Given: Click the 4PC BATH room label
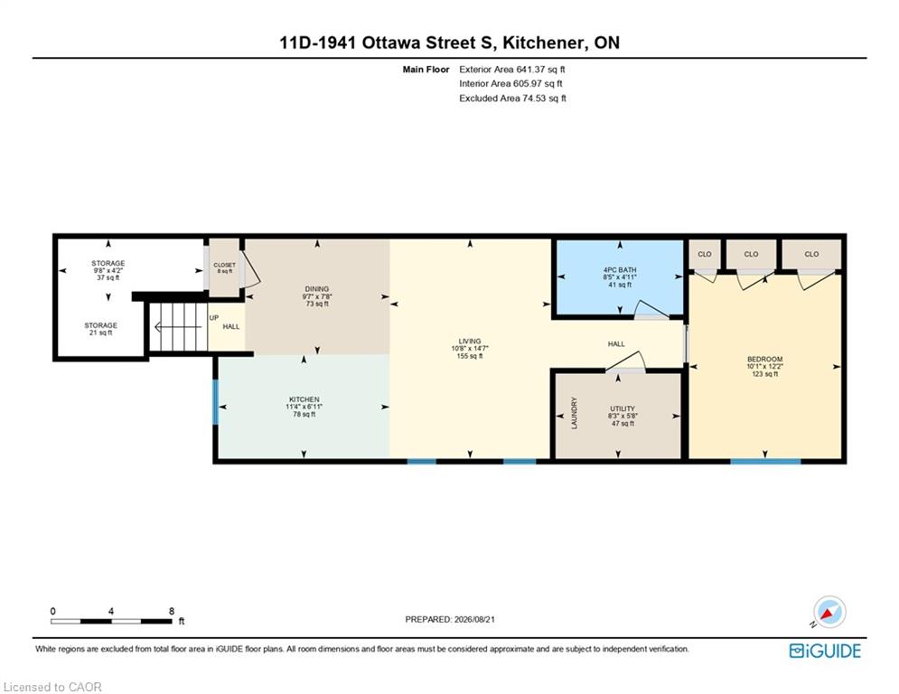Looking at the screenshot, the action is [620, 269].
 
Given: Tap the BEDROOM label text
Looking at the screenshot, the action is [765, 359].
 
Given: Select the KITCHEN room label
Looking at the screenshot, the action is [304, 399].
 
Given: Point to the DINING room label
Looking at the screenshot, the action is [317, 289].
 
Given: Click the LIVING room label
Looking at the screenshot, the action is [470, 341].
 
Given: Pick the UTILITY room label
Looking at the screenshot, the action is [623, 409].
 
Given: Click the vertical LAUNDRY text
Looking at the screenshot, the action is [575, 413].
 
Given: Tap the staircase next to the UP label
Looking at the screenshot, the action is [178, 327].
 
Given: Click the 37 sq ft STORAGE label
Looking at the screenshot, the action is [108, 263].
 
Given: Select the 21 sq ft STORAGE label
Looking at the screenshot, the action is [101, 325].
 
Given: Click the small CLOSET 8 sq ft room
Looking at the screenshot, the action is [224, 267].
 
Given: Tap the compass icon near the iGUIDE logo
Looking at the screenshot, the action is [829, 612].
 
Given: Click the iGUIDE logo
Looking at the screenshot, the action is [825, 651].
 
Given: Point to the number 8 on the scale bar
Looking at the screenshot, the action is [171, 612].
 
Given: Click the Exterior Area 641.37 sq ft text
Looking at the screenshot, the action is [512, 70].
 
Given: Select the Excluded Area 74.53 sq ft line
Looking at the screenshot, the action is [512, 98].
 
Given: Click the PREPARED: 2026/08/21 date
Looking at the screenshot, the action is [450, 619].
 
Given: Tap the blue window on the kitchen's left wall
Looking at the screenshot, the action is [216, 401].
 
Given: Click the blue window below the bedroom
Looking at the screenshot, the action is [765, 461].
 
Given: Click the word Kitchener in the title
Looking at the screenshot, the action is [544, 43].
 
